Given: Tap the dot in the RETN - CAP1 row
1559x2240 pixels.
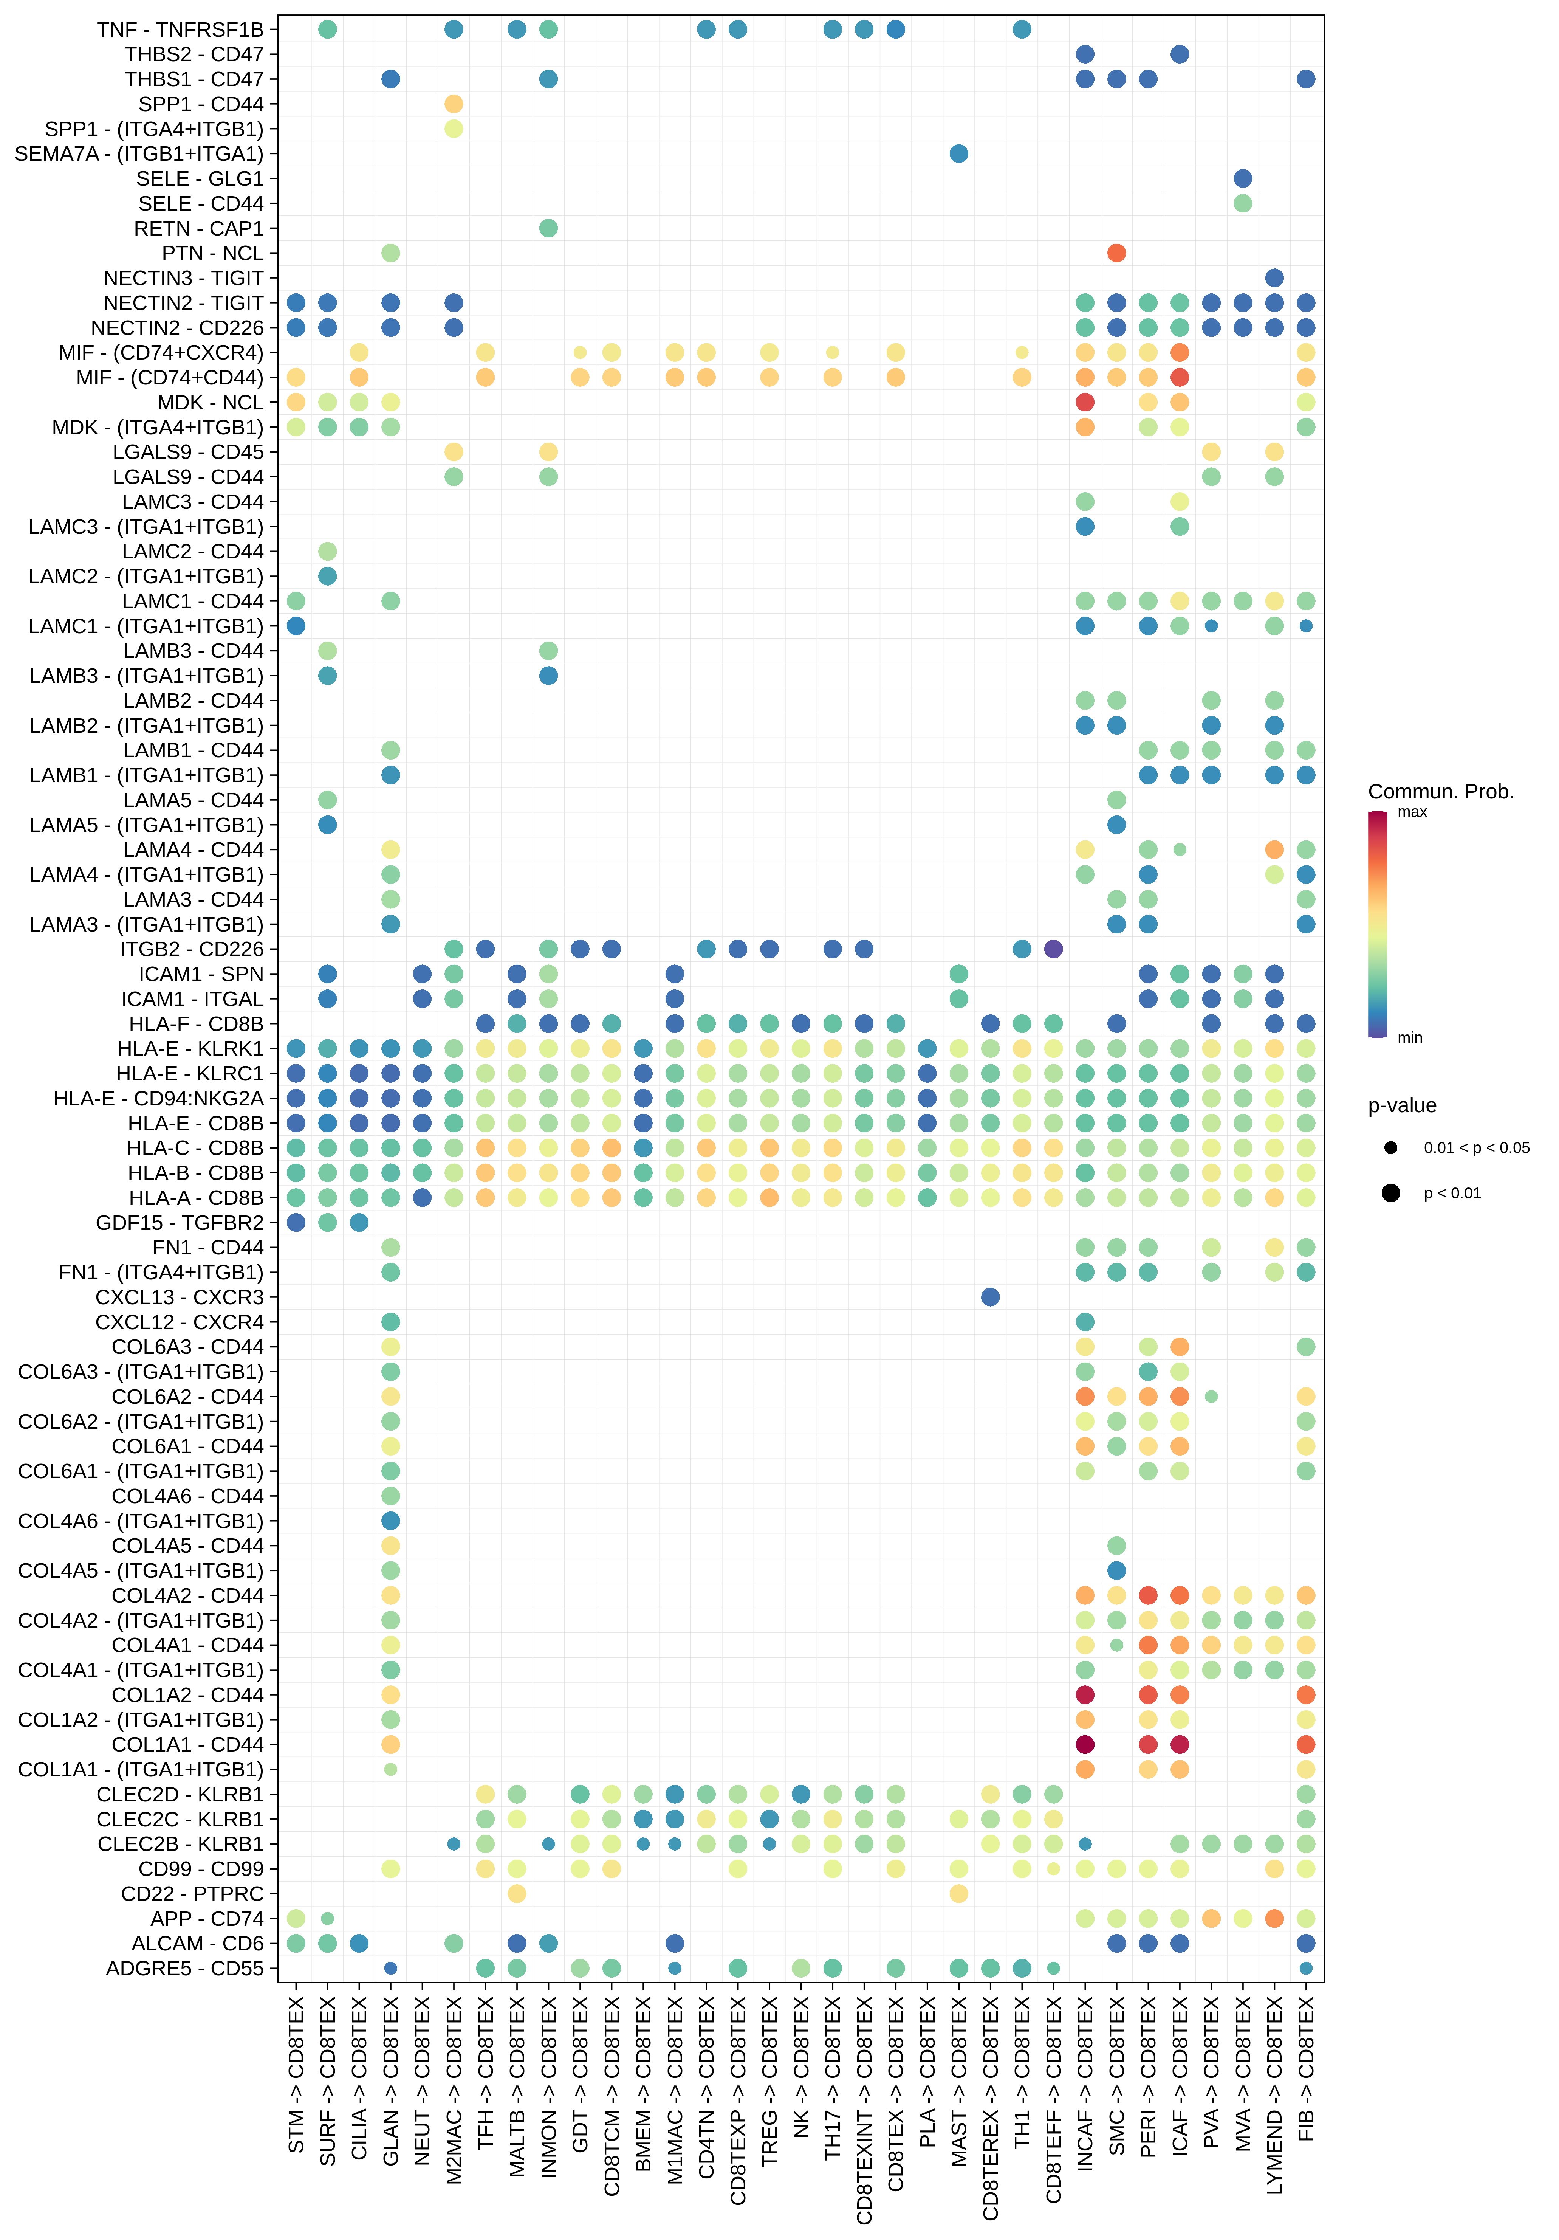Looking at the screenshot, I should point(548,228).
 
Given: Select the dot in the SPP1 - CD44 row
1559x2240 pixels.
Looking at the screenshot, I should point(454,104).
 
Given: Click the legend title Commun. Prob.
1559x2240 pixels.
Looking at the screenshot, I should point(1440,791).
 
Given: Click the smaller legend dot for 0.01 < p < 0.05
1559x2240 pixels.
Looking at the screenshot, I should point(1390,1147).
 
